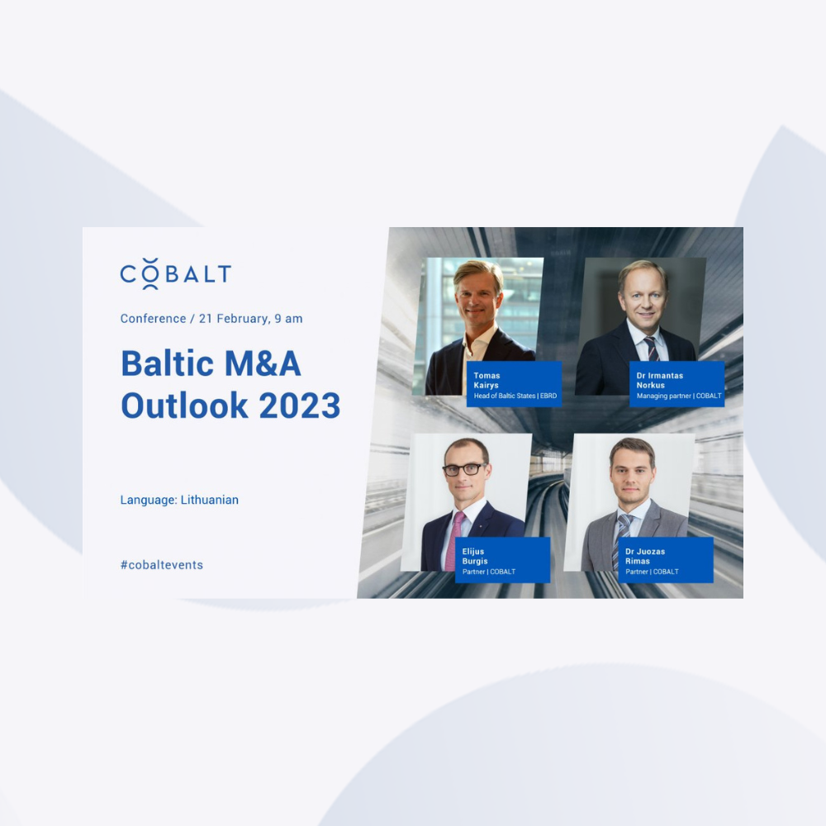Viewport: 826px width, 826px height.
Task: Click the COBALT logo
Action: (175, 273)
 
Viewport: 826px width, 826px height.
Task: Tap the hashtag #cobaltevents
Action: (162, 565)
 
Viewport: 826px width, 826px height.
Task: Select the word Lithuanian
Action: (209, 500)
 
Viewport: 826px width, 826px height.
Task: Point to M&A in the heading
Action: (263, 363)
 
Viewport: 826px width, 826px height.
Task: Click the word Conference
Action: (154, 318)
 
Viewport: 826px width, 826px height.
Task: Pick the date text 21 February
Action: (232, 319)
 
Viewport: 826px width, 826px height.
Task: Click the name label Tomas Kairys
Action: (487, 380)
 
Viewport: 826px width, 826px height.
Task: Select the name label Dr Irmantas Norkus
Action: (659, 380)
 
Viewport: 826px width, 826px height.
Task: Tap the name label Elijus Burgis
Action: (475, 556)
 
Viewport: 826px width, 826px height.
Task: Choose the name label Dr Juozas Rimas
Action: (645, 556)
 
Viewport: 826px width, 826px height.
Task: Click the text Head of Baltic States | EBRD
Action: (515, 396)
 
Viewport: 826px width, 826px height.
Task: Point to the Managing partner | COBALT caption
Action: (678, 396)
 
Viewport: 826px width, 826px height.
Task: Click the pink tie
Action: (454, 542)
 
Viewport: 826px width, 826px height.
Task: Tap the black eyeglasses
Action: (464, 469)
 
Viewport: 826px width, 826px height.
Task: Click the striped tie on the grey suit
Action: (621, 540)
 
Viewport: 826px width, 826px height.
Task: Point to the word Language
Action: (149, 500)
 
